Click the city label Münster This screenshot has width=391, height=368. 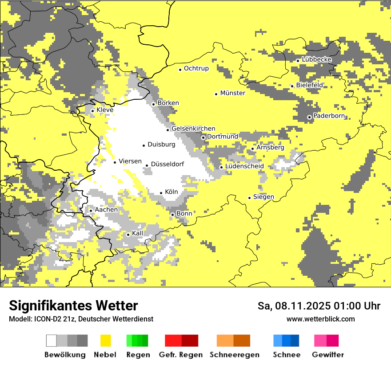[232, 93]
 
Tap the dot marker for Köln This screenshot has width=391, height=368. [161, 193]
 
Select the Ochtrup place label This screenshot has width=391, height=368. [196, 68]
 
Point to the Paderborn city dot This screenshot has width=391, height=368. [309, 117]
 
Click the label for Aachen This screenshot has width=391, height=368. [106, 209]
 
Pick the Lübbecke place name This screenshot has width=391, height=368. [316, 59]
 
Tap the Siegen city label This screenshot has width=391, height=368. [263, 196]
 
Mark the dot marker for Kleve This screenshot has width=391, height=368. [92, 111]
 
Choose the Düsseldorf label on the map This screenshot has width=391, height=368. [167, 164]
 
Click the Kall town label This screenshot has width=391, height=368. [137, 233]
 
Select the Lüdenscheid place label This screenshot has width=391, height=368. [244, 166]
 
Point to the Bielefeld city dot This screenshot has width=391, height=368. [292, 86]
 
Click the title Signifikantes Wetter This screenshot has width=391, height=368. [73, 305]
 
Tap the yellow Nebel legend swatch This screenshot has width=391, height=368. [106, 341]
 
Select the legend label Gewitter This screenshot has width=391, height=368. [327, 355]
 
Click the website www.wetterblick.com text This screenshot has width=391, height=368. [320, 319]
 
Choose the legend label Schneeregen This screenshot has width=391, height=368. [234, 355]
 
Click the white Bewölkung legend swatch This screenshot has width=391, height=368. [52, 341]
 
